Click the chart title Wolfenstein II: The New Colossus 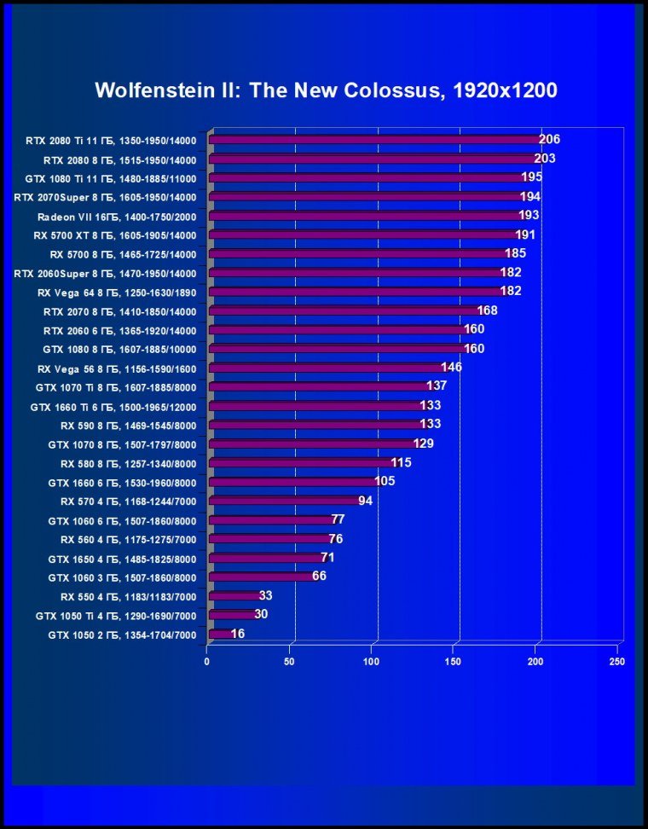(x=326, y=90)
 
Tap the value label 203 (x=545, y=159)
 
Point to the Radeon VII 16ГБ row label (x=117, y=217)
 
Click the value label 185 (x=515, y=253)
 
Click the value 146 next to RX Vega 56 (x=451, y=368)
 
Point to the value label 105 (x=385, y=481)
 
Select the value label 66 (x=319, y=576)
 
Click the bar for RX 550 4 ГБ (x=234, y=595)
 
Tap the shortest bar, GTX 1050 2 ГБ (x=219, y=634)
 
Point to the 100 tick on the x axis (x=372, y=662)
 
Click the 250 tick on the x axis (x=618, y=662)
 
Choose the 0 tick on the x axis (x=207, y=662)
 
